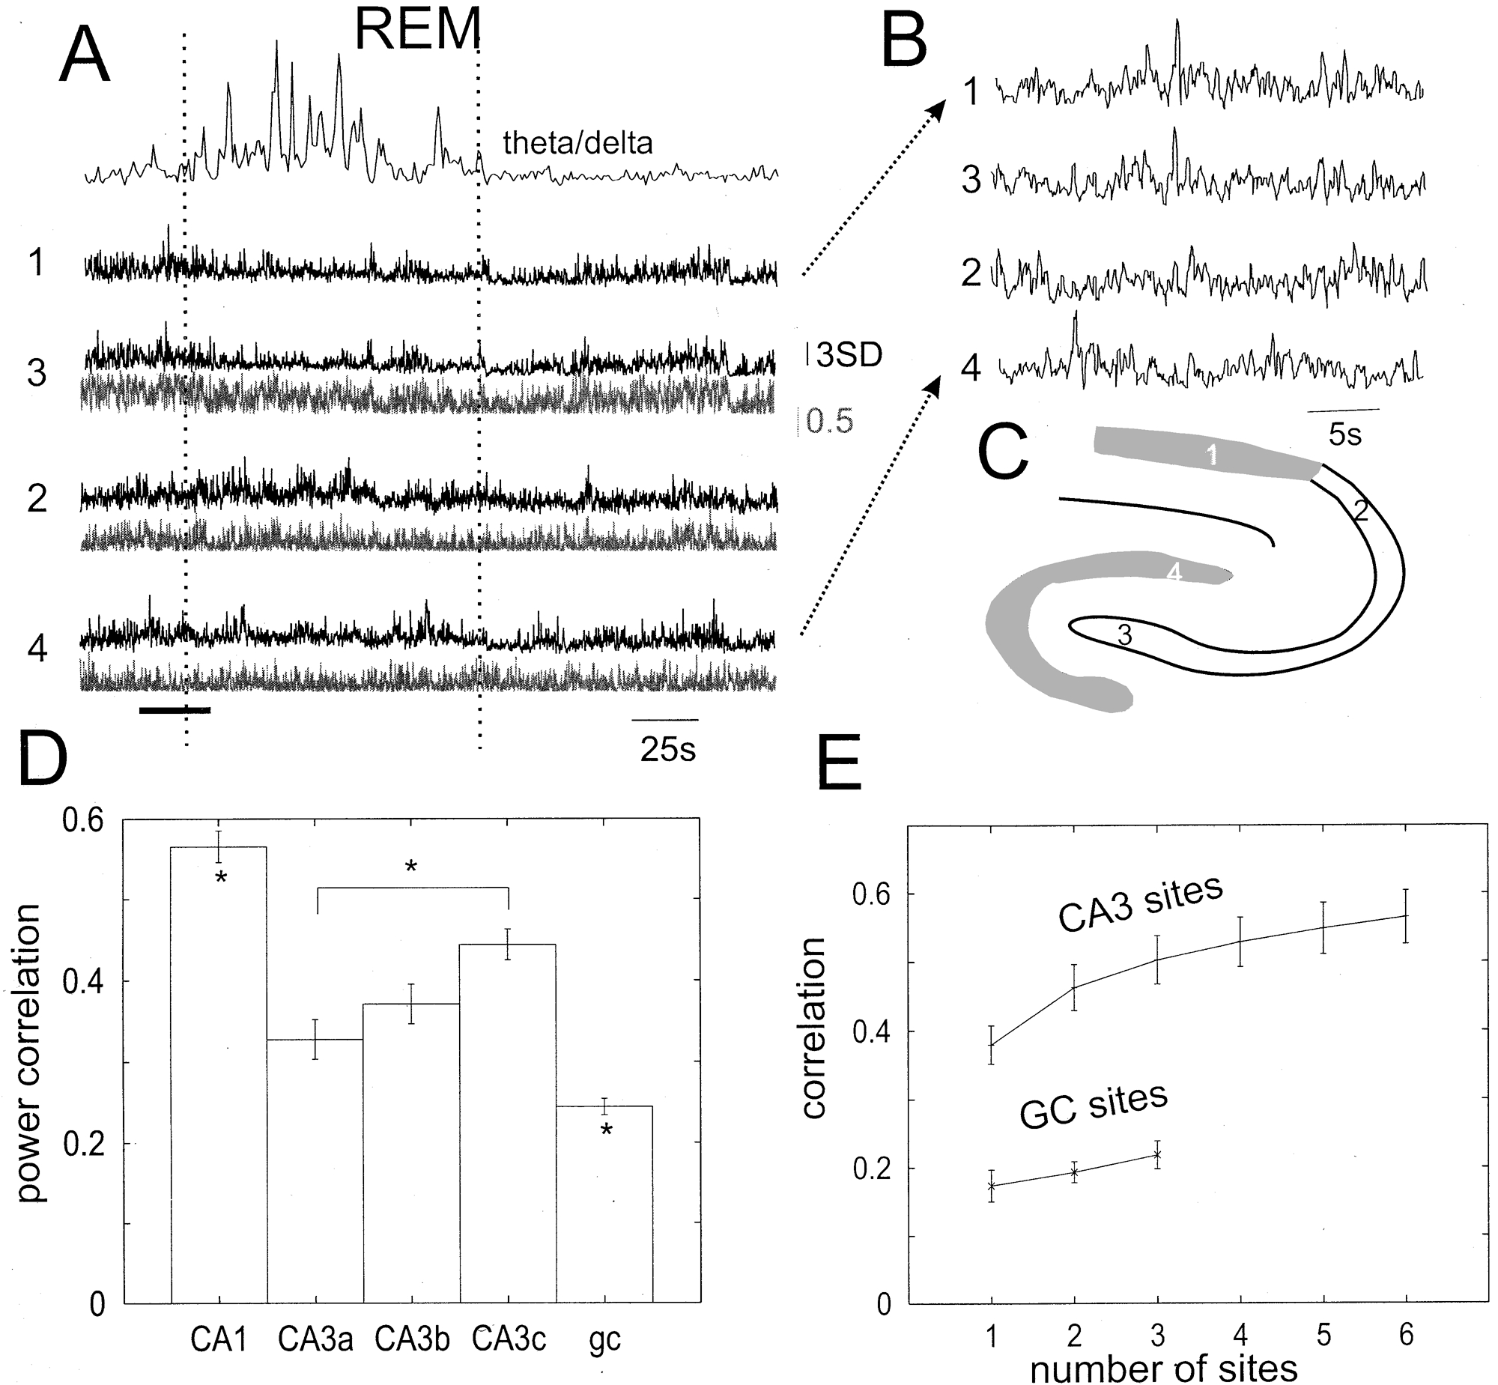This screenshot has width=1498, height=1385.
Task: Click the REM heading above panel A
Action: tap(417, 30)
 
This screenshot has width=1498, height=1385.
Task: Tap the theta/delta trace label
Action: tap(577, 142)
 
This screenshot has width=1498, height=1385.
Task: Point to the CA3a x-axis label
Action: tap(315, 1339)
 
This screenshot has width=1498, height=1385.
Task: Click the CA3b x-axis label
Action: tap(412, 1339)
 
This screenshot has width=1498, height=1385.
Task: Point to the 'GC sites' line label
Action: tap(1094, 1105)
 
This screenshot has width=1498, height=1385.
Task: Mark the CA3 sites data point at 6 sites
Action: tap(1406, 915)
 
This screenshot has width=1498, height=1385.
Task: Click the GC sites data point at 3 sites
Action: tap(1158, 1154)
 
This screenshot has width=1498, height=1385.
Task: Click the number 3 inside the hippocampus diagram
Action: tap(1124, 635)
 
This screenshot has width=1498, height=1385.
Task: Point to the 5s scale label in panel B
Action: tap(1345, 434)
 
